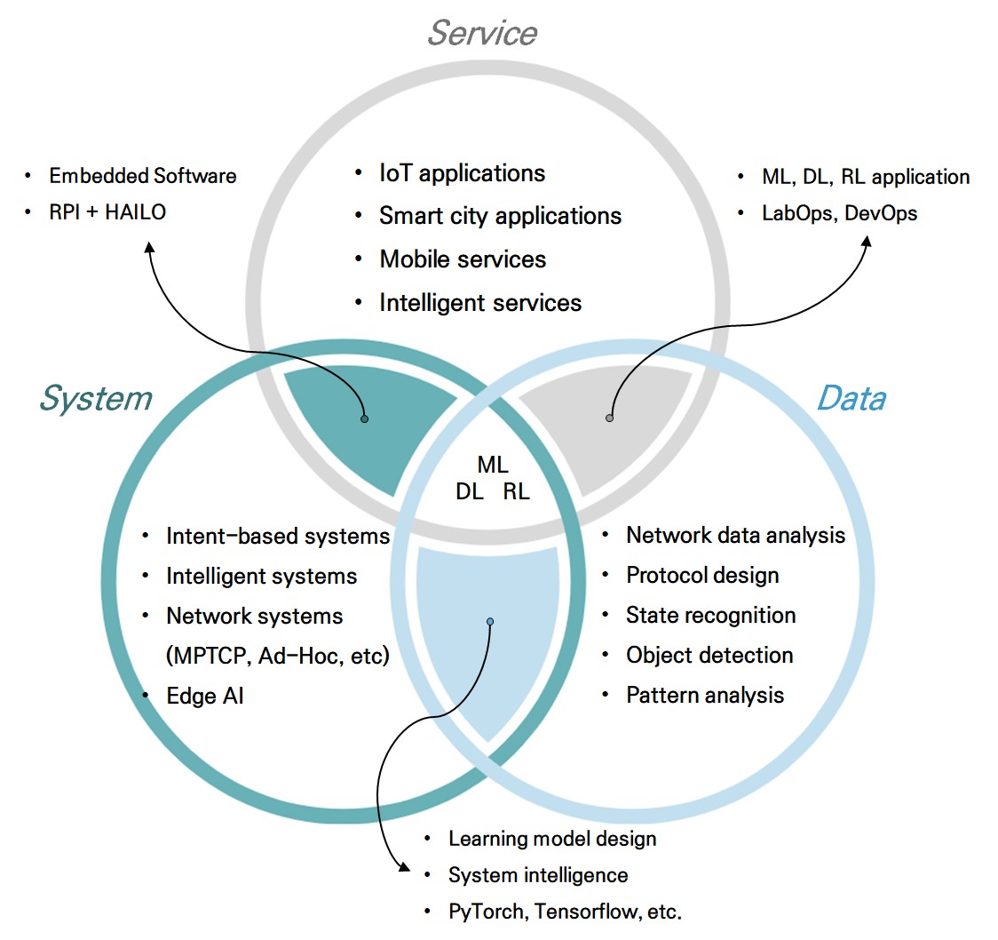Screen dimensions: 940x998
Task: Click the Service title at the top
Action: pyautogui.click(x=482, y=33)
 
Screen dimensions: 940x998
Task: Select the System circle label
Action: pyautogui.click(x=95, y=399)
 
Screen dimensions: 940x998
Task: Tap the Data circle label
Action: pyautogui.click(x=851, y=398)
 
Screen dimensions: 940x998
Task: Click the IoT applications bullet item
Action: pyautogui.click(x=462, y=172)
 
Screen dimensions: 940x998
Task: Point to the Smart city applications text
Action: pyautogui.click(x=500, y=216)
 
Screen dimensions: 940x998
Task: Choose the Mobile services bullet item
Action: pyautogui.click(x=463, y=259)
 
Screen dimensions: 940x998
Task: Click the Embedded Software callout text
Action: pyautogui.click(x=143, y=176)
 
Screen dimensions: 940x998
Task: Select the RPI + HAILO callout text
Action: pyautogui.click(x=107, y=212)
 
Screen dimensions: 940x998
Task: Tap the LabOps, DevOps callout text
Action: pyautogui.click(x=839, y=213)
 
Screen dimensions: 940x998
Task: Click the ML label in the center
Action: pyautogui.click(x=493, y=465)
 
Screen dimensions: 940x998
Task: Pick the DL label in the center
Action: pyautogui.click(x=470, y=491)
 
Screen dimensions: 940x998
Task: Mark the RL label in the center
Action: pyautogui.click(x=516, y=491)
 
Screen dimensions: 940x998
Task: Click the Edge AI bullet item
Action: pyautogui.click(x=204, y=697)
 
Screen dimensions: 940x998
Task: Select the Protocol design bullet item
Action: pyautogui.click(x=702, y=576)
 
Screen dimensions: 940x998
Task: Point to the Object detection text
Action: pyautogui.click(x=709, y=656)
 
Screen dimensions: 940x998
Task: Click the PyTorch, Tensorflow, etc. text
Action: pyautogui.click(x=565, y=912)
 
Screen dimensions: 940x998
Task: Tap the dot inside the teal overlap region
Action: pyautogui.click(x=364, y=418)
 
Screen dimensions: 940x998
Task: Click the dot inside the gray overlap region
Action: pyautogui.click(x=609, y=418)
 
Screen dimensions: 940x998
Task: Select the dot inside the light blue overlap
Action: pyautogui.click(x=490, y=621)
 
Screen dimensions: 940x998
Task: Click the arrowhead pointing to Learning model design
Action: pyautogui.click(x=404, y=866)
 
